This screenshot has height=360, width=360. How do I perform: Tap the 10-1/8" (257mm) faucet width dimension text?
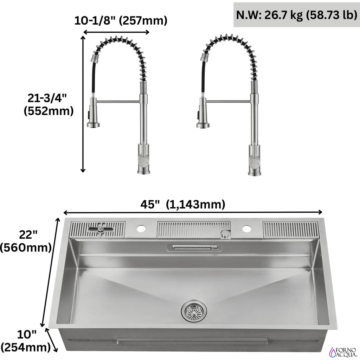[x=121, y=20]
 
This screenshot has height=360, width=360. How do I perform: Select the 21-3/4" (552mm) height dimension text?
[x=49, y=105]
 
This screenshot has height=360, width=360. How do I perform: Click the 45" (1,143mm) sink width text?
[x=183, y=204]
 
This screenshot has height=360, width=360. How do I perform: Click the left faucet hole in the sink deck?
[x=141, y=229]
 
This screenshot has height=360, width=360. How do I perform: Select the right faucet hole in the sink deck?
[x=246, y=229]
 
